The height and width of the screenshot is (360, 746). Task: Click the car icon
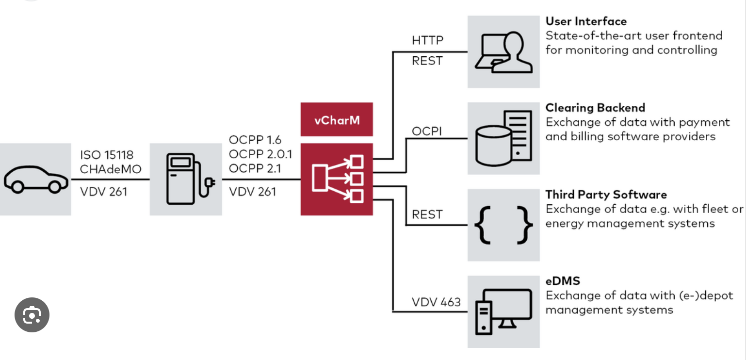[x=35, y=179]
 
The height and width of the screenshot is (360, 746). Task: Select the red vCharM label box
[x=337, y=119]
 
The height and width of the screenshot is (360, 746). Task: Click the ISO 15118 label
[x=107, y=155]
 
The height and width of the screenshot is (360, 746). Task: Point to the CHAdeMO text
[x=107, y=169]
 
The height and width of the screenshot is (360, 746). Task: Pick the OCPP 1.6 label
[x=255, y=140]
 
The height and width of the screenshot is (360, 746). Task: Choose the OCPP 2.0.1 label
[x=260, y=154]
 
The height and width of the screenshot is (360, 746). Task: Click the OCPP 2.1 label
[x=255, y=168]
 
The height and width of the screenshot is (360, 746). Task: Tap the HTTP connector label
[x=427, y=40]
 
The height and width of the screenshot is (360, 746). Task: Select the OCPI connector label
[x=427, y=131]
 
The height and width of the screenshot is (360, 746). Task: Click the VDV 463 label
[x=436, y=302]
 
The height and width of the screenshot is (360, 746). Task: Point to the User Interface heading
[x=586, y=21]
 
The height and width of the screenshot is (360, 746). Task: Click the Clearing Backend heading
[x=595, y=108]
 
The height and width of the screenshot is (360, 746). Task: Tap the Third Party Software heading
[x=606, y=195]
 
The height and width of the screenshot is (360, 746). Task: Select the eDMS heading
[x=563, y=281]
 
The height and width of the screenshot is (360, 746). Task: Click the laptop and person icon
[x=503, y=52]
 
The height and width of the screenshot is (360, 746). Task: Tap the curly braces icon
[x=503, y=225]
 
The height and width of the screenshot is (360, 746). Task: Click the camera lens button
[x=32, y=315]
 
